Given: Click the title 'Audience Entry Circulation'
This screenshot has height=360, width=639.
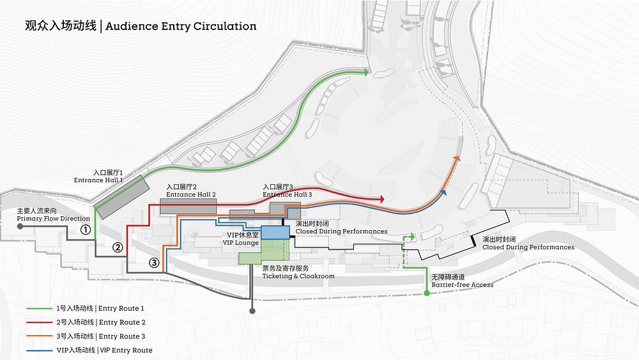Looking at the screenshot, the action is (181, 26).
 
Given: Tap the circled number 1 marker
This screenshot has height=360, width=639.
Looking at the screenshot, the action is (85, 230).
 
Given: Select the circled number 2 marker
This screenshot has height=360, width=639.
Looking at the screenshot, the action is (118, 247).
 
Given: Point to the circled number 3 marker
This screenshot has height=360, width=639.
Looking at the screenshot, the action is (153, 263).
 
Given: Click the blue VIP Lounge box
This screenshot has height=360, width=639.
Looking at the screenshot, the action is (275, 232).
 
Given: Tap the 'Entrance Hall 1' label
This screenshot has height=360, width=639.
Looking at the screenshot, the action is (98, 180).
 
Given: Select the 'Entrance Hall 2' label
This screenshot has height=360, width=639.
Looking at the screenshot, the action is (190, 194).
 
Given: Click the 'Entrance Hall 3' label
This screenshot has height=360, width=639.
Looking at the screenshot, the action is (288, 194).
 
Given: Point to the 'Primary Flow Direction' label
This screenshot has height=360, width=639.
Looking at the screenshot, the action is (54, 219).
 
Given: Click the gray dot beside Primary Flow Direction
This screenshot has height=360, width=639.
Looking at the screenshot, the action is (20, 226).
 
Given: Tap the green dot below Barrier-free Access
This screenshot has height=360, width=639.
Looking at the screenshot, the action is (427, 293).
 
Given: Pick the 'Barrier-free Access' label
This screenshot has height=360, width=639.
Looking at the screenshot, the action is (463, 285).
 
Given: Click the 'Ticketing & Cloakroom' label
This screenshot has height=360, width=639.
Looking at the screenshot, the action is (298, 276).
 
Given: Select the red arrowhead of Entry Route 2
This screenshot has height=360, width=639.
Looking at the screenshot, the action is (382, 199).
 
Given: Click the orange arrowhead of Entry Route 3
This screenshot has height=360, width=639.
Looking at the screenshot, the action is (457, 159).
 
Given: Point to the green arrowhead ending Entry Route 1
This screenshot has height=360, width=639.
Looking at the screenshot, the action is (366, 72).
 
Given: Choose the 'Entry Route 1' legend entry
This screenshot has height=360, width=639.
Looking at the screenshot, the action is (121, 309).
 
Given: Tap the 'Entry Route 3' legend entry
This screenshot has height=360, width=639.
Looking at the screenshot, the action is (122, 336).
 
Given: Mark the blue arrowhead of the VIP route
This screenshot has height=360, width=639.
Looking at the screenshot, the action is (444, 192).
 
